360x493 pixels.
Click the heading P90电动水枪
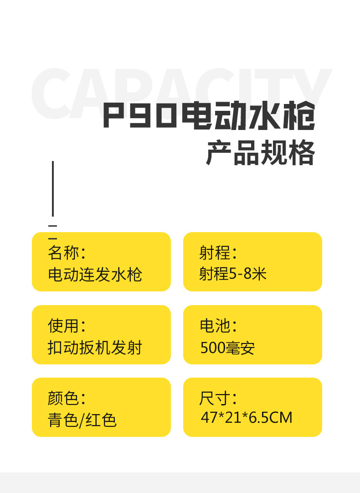pos(209,116)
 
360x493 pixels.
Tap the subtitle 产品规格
pos(260,153)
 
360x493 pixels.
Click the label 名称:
pos(67,253)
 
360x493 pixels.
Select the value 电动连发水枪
pos(95,275)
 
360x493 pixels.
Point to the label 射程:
pos(218,253)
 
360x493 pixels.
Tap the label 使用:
pos(67,326)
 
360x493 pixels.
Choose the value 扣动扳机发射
pos(95,348)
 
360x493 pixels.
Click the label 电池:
pos(218,326)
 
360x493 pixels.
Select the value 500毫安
pos(227,348)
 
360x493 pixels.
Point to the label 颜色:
pos(67,398)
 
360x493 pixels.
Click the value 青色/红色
pos(82,420)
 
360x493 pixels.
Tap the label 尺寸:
pos(218,398)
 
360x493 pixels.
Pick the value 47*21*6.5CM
pos(246,417)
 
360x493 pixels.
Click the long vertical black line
pos(53,188)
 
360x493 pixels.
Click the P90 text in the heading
pos(139,116)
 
